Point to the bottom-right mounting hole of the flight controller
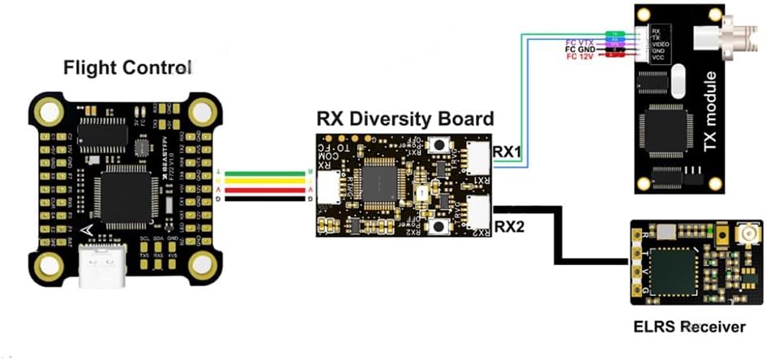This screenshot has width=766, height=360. pos(203,264)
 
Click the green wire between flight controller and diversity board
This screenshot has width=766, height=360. pos(267,173)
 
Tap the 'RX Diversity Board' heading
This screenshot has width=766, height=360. pos(404,118)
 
